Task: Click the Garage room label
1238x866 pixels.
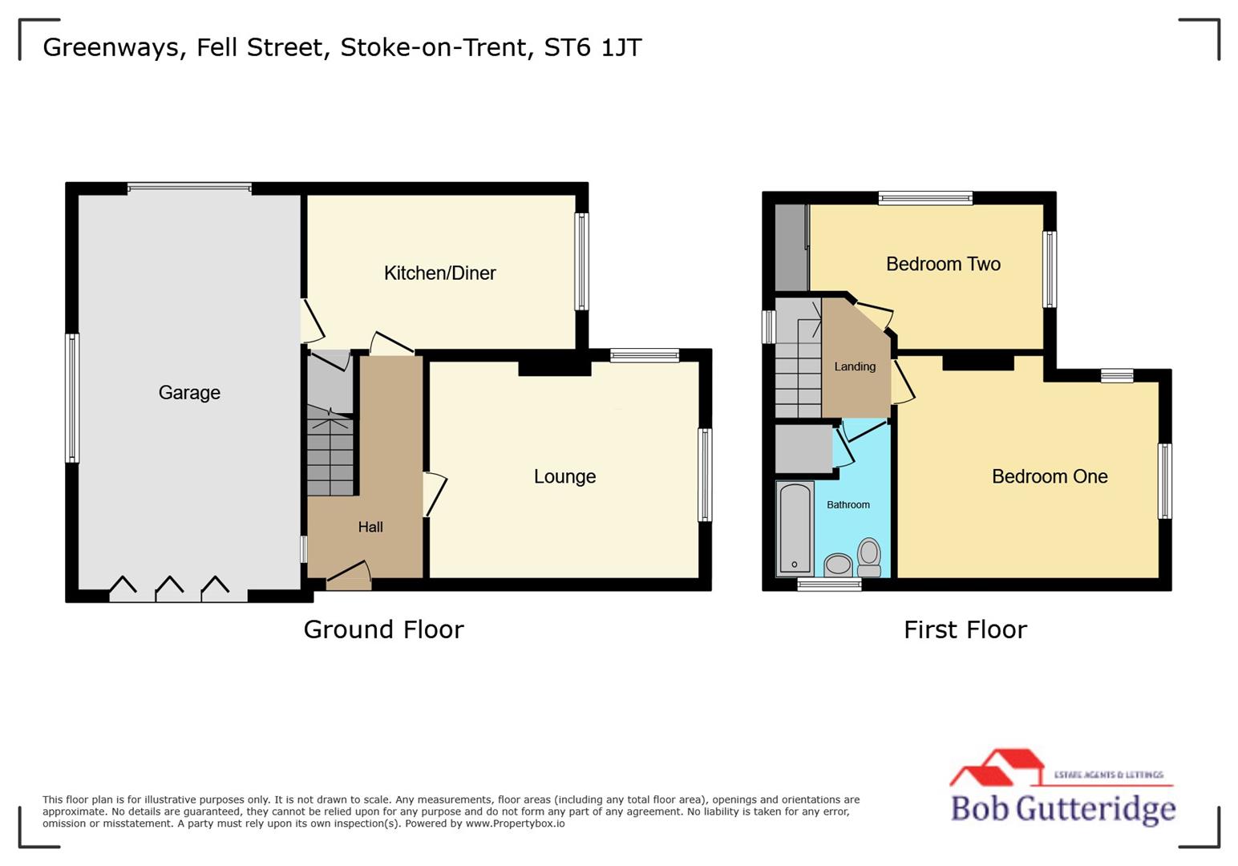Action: (189, 392)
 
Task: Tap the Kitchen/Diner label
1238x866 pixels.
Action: (439, 273)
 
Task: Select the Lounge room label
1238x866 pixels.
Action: (564, 476)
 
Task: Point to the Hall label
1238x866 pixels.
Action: (370, 527)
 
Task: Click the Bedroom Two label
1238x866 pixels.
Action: (943, 264)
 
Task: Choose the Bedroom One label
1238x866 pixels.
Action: (1050, 476)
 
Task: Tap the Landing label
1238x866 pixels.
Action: (855, 366)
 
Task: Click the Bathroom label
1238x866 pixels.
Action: (848, 504)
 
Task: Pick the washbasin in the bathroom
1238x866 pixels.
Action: (839, 565)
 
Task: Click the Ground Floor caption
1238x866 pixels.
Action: (383, 629)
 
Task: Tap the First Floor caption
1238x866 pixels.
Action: (965, 629)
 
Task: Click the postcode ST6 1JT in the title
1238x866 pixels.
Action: (593, 47)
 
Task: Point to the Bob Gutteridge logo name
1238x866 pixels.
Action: (1062, 807)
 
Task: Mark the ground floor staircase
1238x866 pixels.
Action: (330, 454)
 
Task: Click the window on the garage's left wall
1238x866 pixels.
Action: (72, 398)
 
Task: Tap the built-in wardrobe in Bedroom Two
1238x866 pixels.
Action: (791, 248)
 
